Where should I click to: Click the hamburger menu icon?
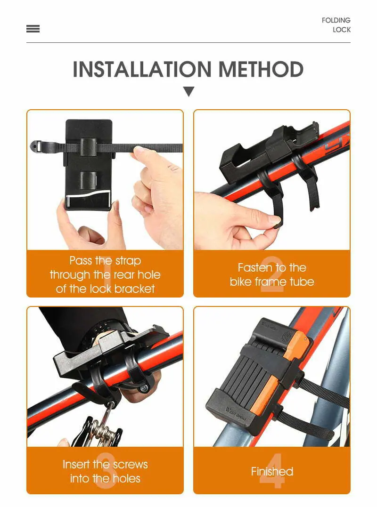point(33,29)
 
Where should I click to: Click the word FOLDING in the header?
point(336,20)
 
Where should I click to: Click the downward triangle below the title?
point(188,91)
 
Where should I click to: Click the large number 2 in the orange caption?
point(272,274)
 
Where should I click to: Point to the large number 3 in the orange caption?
point(106,471)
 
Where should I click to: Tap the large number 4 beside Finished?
point(272,471)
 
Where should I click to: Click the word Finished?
point(272,471)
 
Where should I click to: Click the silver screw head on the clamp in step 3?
point(144,388)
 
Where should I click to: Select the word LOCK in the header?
point(342,30)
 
